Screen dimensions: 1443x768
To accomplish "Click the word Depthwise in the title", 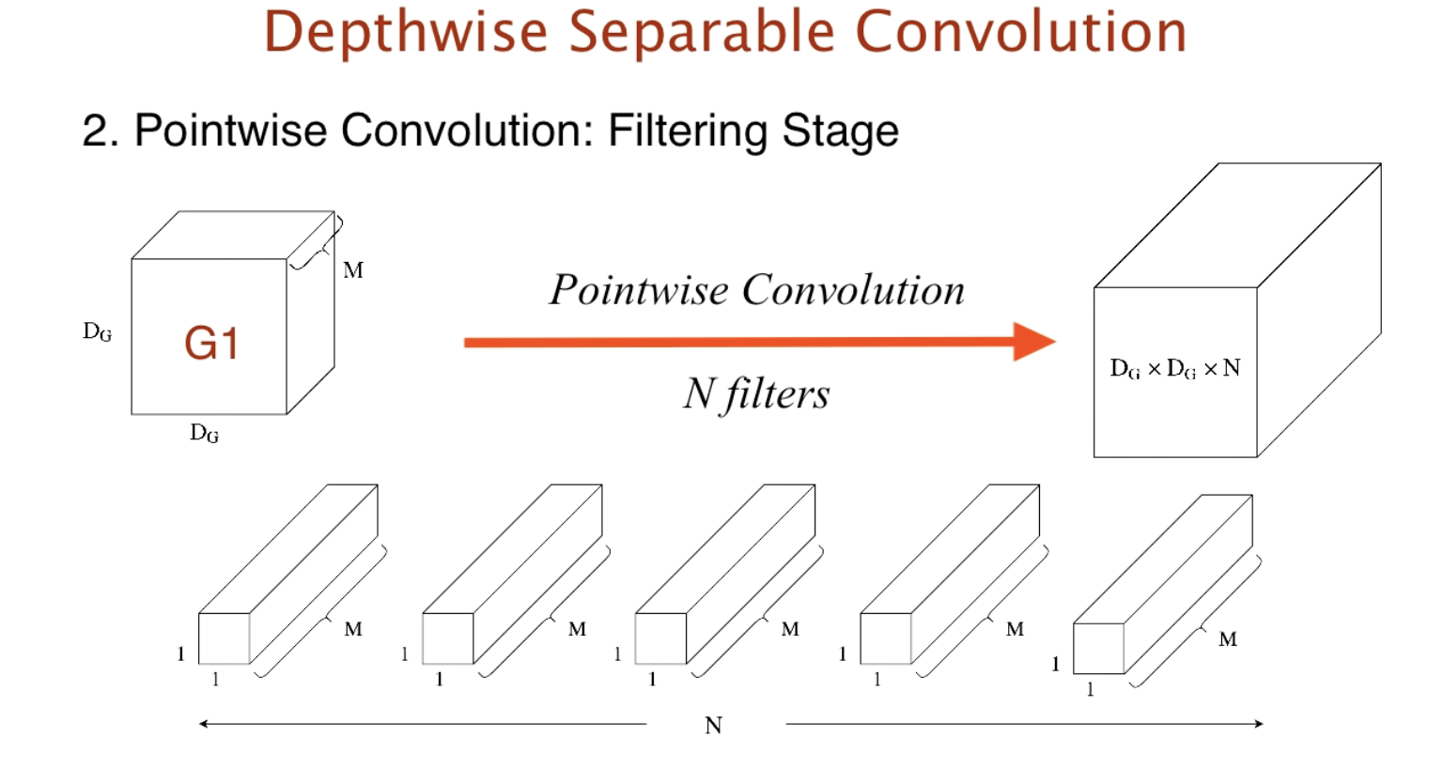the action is click(x=405, y=32).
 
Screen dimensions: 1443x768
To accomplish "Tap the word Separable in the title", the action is click(x=701, y=32).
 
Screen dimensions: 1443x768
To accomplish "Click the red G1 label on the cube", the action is click(x=211, y=343).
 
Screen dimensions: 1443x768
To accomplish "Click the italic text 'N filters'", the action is click(x=756, y=394).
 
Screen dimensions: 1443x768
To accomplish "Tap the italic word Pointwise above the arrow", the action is click(x=639, y=290).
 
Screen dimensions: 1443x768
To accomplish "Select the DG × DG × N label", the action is click(x=1175, y=368).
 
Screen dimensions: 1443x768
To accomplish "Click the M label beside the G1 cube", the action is click(x=353, y=270).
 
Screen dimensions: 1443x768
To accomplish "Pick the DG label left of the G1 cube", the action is click(x=97, y=331).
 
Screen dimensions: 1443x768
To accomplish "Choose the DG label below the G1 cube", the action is click(x=204, y=433).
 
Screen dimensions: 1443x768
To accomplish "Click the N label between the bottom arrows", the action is click(x=714, y=726).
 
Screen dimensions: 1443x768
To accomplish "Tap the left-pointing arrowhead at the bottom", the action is click(x=204, y=724).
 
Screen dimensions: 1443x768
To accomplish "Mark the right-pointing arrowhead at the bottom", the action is click(x=1258, y=724).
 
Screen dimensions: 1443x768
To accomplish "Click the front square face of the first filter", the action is click(x=224, y=638).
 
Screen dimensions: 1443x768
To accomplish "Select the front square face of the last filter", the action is click(x=1098, y=649).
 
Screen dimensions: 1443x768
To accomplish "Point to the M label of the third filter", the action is click(x=790, y=629).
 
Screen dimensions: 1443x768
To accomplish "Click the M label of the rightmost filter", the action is click(x=1228, y=639).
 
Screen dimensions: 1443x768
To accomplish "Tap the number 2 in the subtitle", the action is click(x=93, y=131).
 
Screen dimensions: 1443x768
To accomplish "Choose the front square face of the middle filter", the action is click(x=660, y=638).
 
